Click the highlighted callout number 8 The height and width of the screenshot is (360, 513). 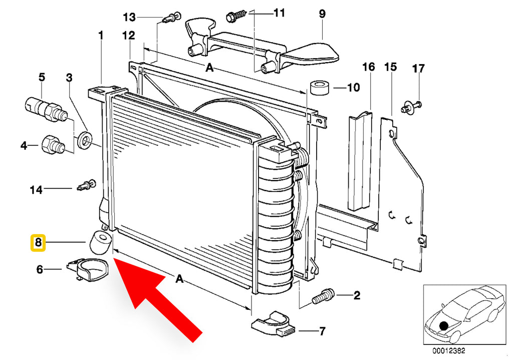coord(38,243)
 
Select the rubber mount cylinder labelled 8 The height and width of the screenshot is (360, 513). coord(100,242)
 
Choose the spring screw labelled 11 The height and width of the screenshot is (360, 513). coord(236,16)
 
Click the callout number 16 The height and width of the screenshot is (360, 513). coord(369,67)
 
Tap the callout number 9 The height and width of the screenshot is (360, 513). coord(322,14)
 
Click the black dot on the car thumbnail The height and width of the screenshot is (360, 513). coord(444,326)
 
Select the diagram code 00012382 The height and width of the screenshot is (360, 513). coord(449,351)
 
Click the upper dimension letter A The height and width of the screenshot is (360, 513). coord(209,68)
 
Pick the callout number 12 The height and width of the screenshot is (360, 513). coord(129,36)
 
